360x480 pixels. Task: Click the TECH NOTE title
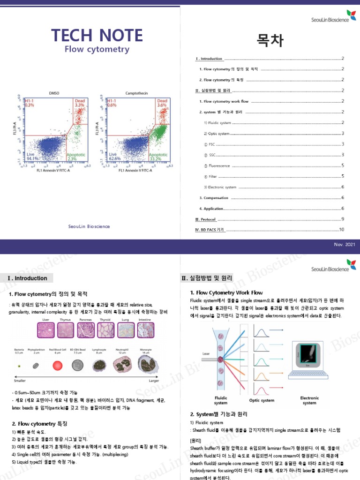click(x=97, y=36)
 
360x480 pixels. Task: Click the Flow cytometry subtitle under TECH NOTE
click(x=97, y=49)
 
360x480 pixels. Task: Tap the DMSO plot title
click(x=54, y=93)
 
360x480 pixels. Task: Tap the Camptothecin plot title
click(x=136, y=93)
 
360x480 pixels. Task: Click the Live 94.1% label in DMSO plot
click(x=33, y=156)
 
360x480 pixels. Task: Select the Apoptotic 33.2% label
click(x=158, y=156)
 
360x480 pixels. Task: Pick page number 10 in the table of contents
click(x=341, y=229)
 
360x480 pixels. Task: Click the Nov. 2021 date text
click(x=344, y=245)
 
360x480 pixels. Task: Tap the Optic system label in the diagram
click(x=262, y=400)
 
